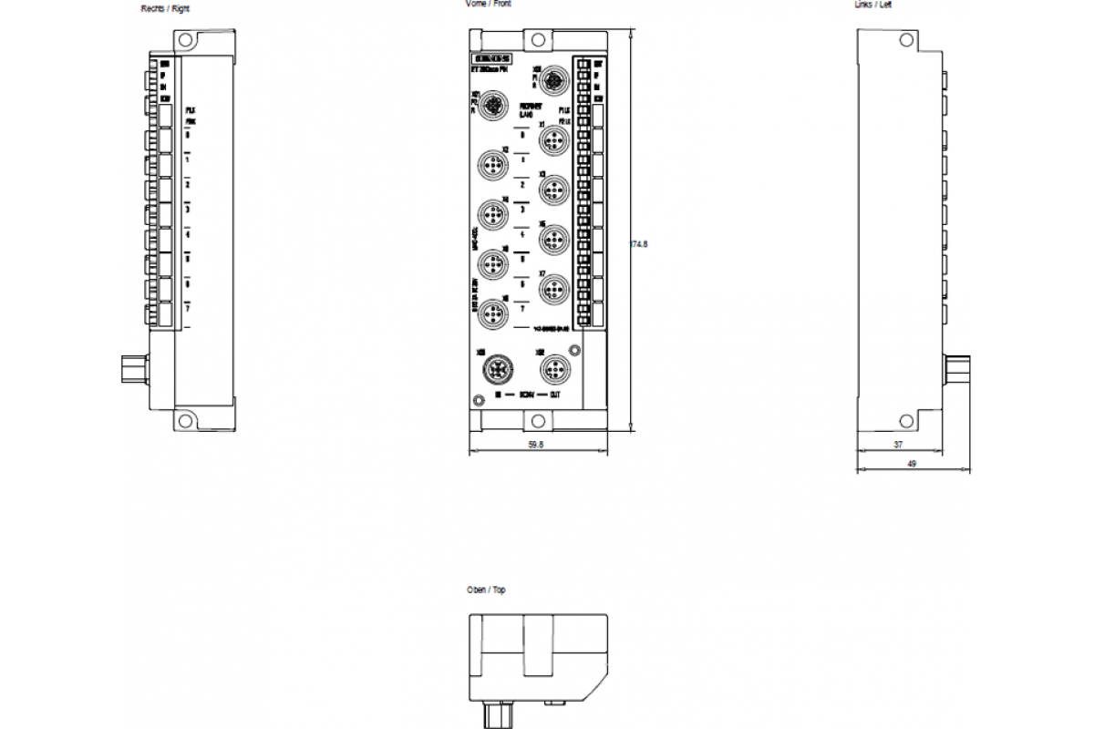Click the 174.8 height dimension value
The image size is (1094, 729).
[x=639, y=243]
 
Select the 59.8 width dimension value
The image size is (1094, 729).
[x=536, y=444]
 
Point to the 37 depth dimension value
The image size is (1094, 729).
[x=898, y=444]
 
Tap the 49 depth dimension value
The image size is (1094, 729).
[x=912, y=464]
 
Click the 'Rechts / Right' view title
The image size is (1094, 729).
[x=165, y=8]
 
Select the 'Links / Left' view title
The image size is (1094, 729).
[x=873, y=5]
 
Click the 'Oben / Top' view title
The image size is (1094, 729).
[x=486, y=590]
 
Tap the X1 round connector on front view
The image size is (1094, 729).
[x=553, y=139]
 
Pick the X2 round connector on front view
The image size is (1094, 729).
[x=492, y=166]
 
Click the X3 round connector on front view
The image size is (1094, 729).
[x=553, y=189]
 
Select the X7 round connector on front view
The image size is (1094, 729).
[x=553, y=289]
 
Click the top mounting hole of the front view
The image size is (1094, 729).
[x=538, y=41]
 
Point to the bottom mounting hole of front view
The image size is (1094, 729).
[x=538, y=420]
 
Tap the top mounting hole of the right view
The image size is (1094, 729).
[x=186, y=41]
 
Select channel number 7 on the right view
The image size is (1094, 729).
[x=187, y=308]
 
